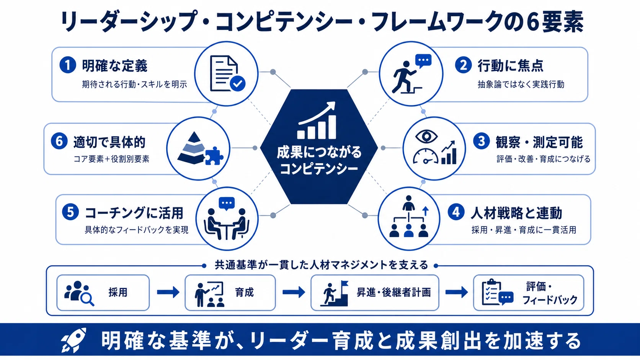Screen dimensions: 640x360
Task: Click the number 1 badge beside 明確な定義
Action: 68,65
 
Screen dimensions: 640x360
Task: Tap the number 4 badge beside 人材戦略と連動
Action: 456,212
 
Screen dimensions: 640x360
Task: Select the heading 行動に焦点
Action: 510,66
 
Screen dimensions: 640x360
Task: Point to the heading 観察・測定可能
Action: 539,142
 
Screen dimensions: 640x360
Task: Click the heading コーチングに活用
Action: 134,213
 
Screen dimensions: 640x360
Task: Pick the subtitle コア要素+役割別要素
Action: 111,159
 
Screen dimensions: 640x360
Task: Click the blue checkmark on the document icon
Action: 237,83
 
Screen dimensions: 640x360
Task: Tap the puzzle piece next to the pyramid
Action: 214,156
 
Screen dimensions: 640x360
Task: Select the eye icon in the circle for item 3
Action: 426,136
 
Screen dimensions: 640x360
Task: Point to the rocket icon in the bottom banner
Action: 74,340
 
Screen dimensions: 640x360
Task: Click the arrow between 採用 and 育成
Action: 168,292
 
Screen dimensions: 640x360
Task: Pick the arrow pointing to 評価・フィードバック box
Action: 457,292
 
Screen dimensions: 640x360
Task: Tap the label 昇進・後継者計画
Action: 394,292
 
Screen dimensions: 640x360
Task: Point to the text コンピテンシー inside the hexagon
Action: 319,168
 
